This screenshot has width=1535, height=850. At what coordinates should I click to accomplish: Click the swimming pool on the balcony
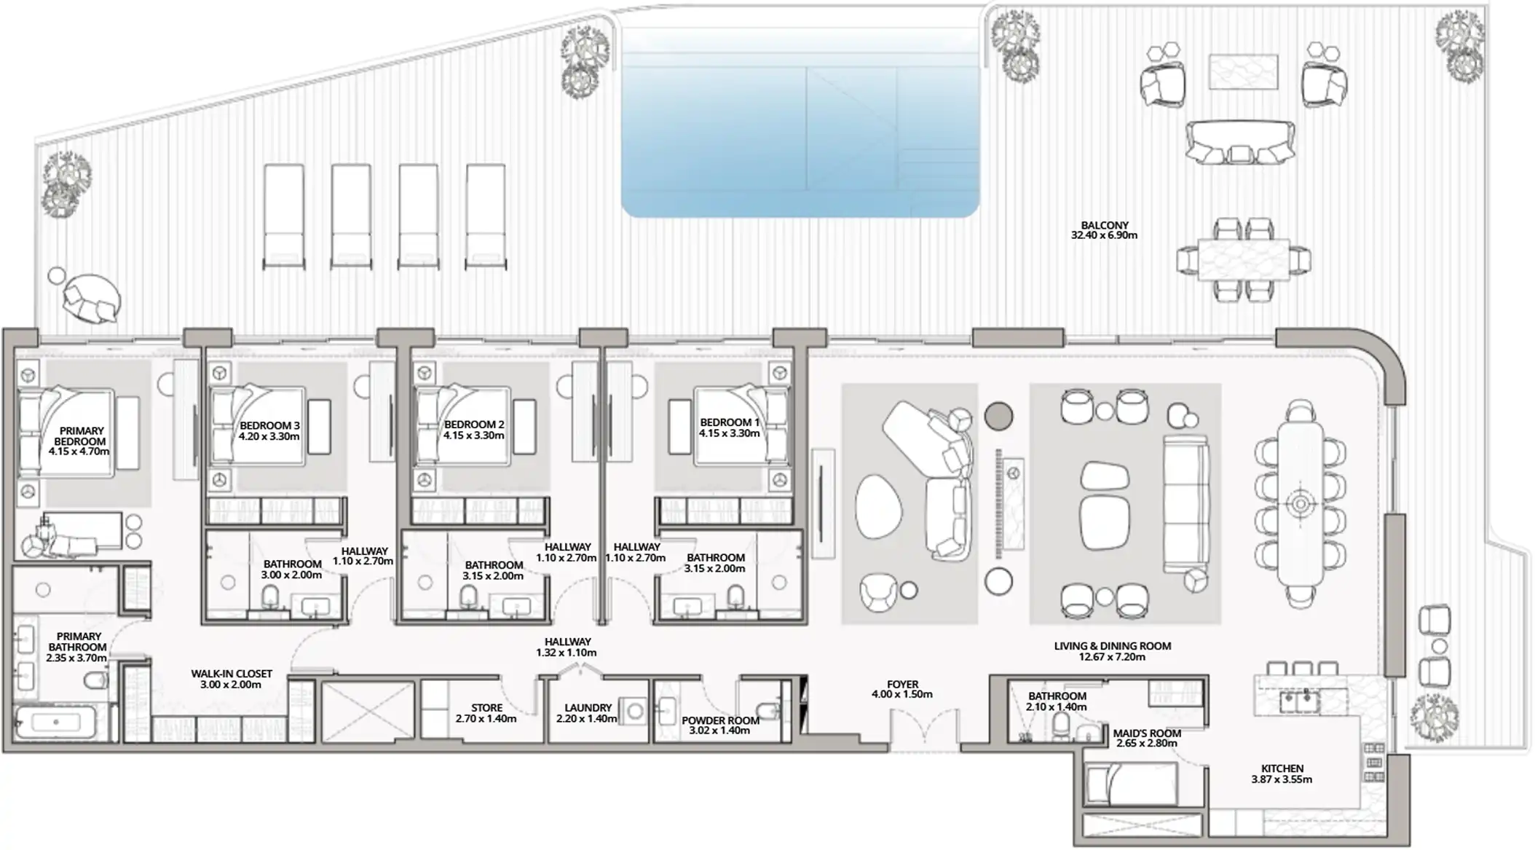(800, 122)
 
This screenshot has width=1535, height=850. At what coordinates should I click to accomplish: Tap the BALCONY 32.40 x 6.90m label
(1104, 230)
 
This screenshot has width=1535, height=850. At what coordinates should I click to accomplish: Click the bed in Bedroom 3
(257, 426)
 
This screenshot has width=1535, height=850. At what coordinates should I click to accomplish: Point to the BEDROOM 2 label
(474, 425)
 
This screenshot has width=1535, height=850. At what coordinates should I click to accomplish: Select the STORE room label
(486, 708)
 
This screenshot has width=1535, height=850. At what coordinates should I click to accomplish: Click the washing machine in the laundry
(634, 711)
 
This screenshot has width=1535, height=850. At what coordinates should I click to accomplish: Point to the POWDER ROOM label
(720, 720)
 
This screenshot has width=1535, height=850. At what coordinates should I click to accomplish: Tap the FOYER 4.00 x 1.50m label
(902, 689)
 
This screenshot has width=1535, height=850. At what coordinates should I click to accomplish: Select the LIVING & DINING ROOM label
(1112, 645)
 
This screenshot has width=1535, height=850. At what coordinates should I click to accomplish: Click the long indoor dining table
(1301, 503)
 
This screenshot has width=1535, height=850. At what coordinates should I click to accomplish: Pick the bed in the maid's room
(1130, 783)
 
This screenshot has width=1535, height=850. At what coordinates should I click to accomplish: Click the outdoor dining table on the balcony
(1243, 260)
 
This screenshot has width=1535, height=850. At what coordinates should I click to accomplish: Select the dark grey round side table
(998, 417)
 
